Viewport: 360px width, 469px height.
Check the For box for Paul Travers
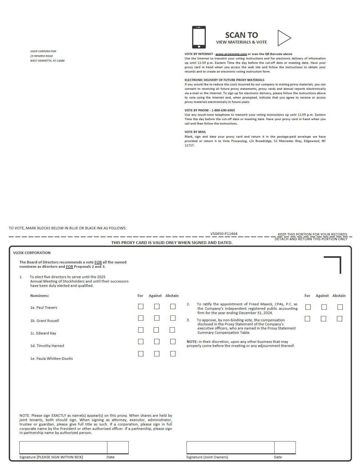pos(141,307)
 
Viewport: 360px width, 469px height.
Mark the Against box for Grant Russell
pos(157,318)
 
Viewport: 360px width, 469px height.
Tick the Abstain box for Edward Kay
pos(172,330)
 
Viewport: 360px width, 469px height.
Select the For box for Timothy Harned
pos(141,342)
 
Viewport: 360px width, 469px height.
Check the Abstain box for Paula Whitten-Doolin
pos(173,354)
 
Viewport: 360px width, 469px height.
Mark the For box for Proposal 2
pos(308,307)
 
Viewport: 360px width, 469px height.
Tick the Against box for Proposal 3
pos(323,319)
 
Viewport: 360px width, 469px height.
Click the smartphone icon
pos(199,37)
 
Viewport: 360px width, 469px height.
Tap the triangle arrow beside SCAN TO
pos(284,38)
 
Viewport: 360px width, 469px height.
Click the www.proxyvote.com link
pos(231,54)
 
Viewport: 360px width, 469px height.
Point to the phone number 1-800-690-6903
pos(223,110)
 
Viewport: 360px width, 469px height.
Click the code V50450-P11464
pos(224,234)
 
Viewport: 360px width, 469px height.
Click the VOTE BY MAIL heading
pos(195,132)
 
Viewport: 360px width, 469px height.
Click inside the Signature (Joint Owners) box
pos(230,447)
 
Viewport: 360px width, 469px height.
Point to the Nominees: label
pos(39,296)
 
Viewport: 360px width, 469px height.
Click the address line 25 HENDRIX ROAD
pos(41,56)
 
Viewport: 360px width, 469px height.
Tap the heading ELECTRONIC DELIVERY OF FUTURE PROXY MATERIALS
pos(224,80)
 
